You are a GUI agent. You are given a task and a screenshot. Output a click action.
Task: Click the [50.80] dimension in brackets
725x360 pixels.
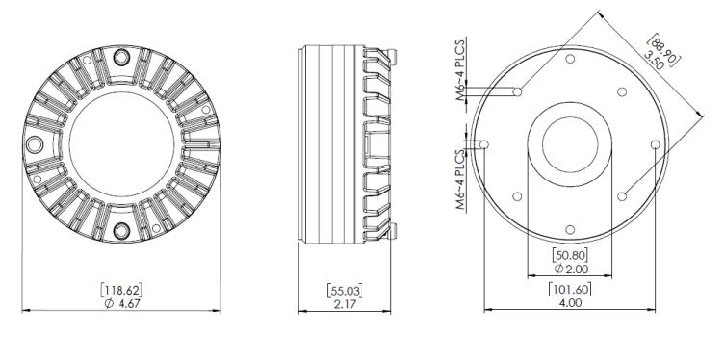click(570, 255)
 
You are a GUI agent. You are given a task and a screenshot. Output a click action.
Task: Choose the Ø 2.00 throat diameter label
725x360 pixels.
click(570, 270)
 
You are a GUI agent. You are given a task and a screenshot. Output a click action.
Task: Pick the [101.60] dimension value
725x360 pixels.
click(570, 288)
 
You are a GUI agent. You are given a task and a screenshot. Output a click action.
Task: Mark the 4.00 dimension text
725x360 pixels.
click(570, 302)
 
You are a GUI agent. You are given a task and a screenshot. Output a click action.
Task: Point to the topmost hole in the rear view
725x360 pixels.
click(571, 60)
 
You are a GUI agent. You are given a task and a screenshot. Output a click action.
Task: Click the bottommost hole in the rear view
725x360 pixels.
click(571, 229)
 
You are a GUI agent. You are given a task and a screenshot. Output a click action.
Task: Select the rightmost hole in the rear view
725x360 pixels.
click(655, 144)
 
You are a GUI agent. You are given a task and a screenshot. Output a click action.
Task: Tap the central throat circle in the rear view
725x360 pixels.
click(570, 144)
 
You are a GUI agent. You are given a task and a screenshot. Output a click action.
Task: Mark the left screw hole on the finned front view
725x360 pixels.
click(37, 144)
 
